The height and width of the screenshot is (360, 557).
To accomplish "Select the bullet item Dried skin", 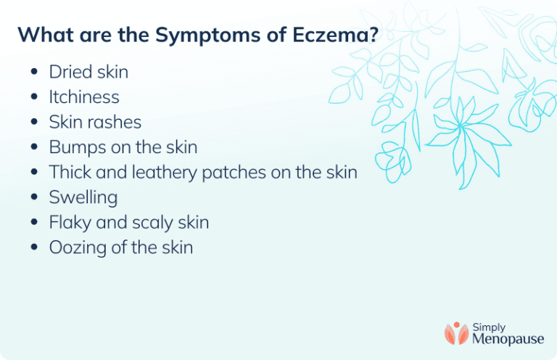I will (88, 72).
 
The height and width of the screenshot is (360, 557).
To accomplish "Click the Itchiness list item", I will (84, 97).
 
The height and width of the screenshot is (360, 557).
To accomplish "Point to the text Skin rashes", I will (95, 122).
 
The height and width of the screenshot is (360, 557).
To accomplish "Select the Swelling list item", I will (83, 197).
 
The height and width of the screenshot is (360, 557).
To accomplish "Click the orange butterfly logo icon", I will (457, 333).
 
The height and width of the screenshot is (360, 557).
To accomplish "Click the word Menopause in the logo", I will (508, 339).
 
